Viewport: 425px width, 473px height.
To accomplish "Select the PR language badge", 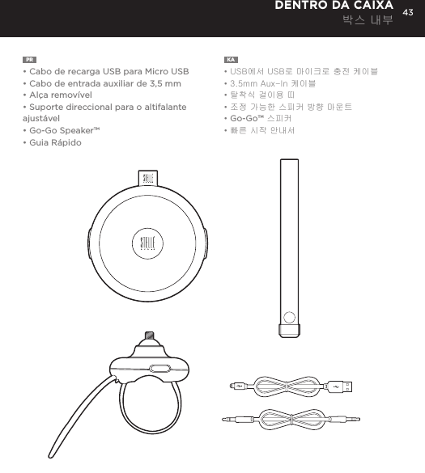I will click(29, 59).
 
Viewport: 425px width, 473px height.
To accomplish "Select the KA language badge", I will click(231, 59).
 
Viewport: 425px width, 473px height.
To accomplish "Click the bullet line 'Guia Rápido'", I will click(54, 142).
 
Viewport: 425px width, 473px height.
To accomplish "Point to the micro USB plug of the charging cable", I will click(235, 386).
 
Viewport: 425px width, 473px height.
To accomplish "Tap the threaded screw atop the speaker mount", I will click(147, 336).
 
